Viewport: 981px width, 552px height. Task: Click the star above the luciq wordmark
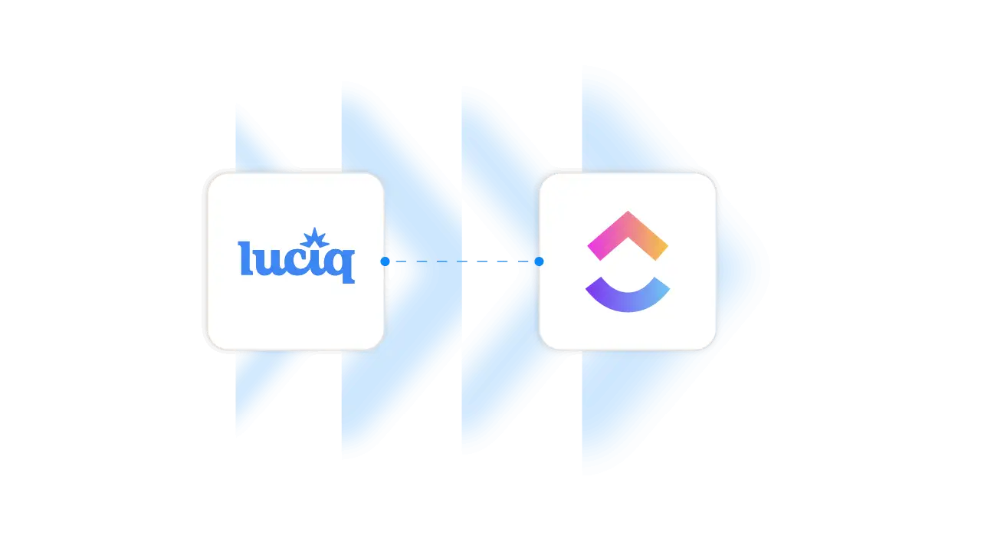point(314,238)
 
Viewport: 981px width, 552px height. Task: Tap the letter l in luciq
point(244,258)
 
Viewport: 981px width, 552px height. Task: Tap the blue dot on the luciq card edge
point(385,261)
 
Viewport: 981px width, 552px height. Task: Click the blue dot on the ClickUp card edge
point(539,261)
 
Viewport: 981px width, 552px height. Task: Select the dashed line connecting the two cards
point(460,261)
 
